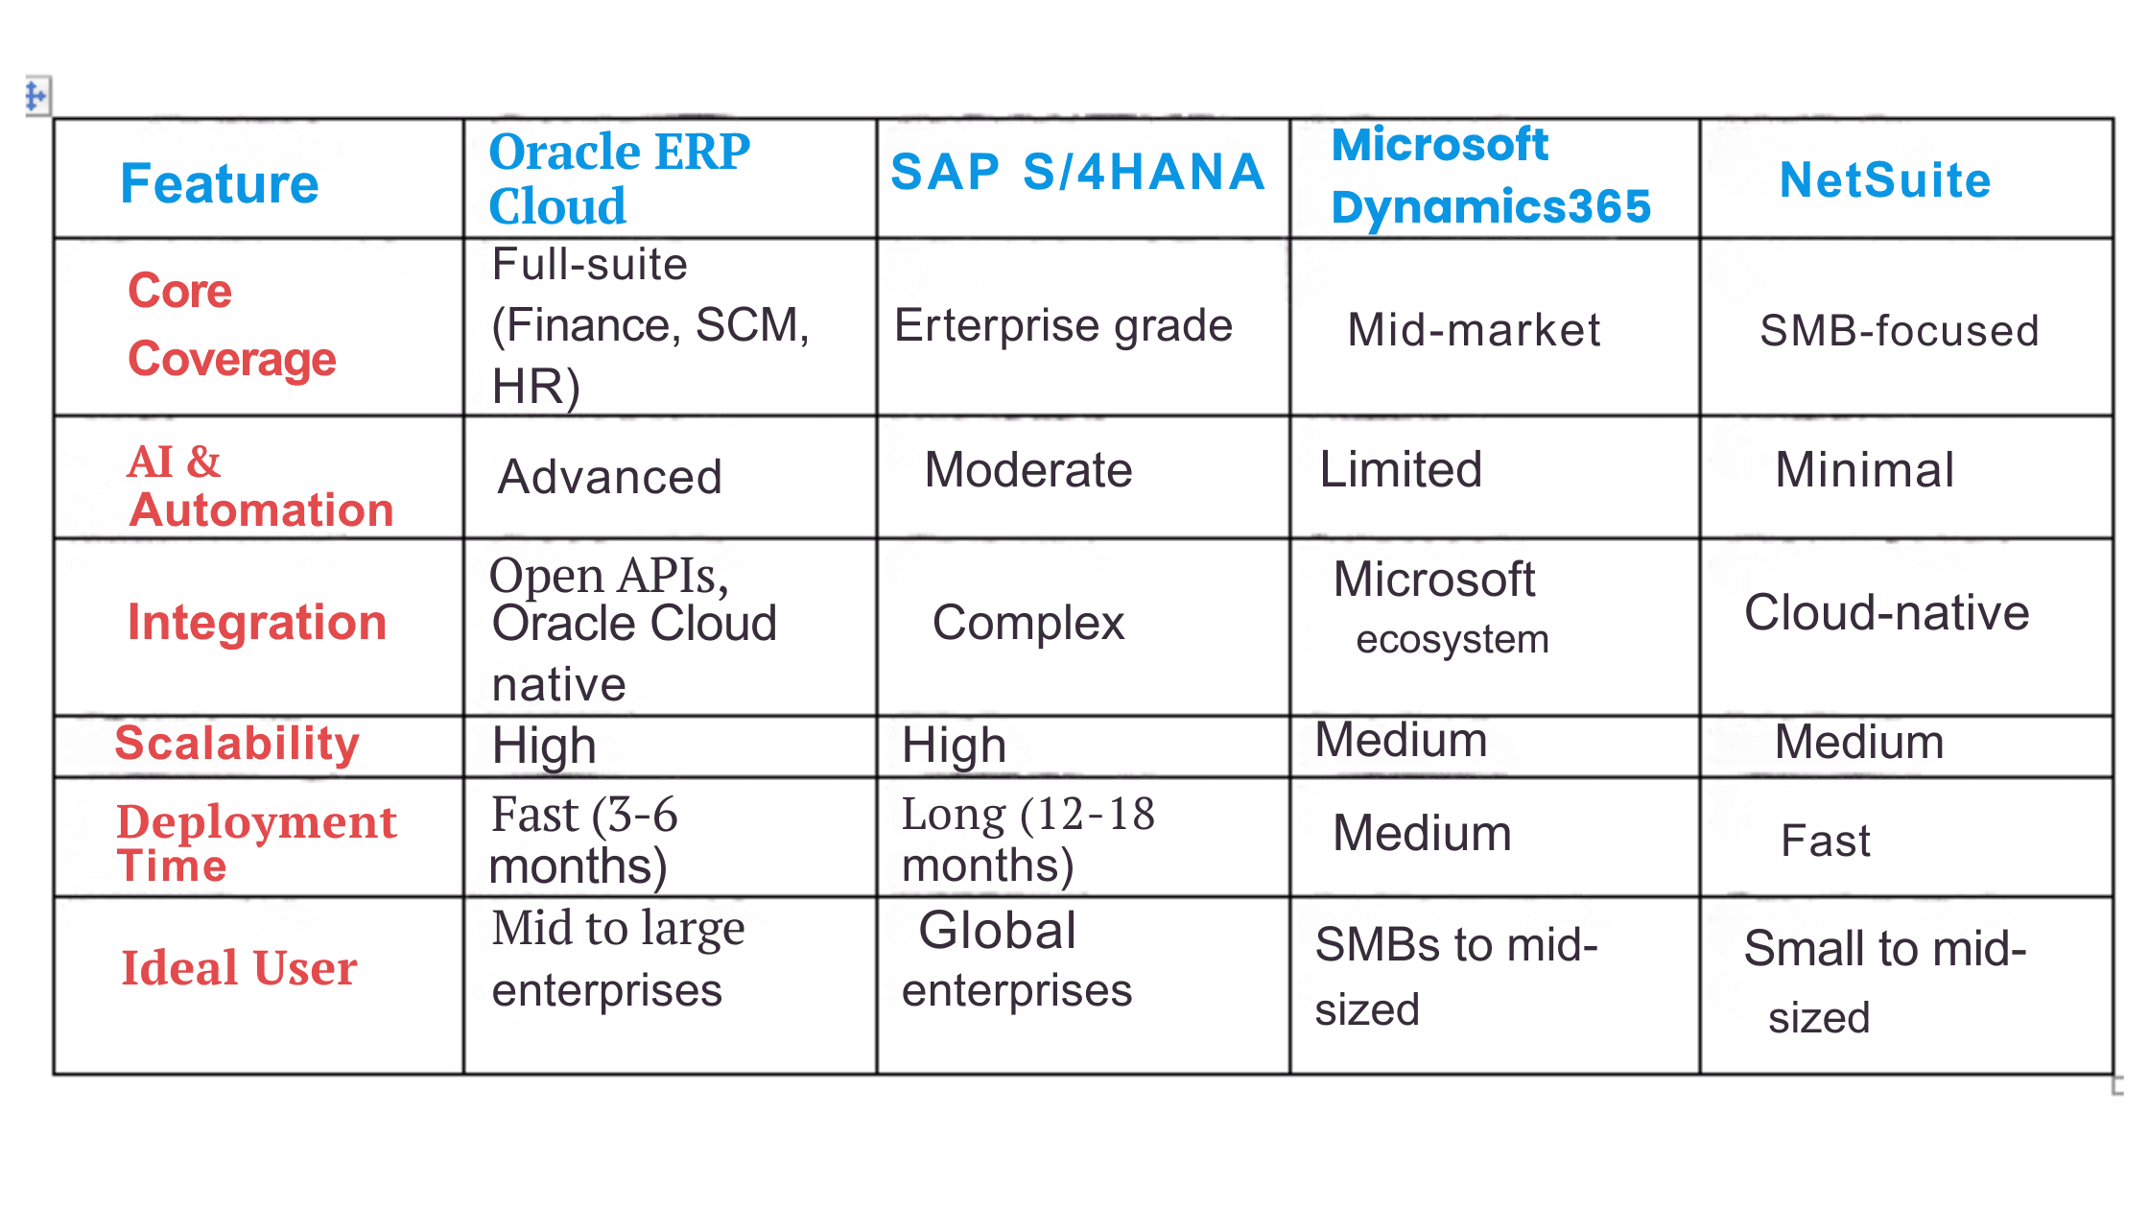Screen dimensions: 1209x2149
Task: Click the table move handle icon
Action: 36,96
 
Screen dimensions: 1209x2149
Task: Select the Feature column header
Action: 219,183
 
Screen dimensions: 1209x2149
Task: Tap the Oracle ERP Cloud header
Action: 619,178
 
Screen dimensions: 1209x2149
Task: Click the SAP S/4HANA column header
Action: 1077,173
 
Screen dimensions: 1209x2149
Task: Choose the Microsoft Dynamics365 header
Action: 1490,177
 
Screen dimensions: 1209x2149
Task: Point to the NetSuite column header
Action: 1885,180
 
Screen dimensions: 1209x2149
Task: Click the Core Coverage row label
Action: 231,324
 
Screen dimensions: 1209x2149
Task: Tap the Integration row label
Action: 257,623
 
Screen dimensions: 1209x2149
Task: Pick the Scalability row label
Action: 237,744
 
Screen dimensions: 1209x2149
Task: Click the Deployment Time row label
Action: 255,842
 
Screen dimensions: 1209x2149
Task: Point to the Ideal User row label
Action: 239,967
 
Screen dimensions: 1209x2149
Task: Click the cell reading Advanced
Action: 610,477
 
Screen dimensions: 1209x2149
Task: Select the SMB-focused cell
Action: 1899,331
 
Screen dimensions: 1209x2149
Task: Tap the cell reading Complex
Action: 1027,623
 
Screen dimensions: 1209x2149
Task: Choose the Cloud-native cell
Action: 1886,613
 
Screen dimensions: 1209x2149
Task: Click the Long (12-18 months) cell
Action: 1027,839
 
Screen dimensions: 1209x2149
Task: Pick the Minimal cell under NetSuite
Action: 1864,470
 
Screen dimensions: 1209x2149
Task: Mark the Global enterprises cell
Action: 1016,960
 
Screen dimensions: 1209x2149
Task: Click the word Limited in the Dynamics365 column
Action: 1401,470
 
